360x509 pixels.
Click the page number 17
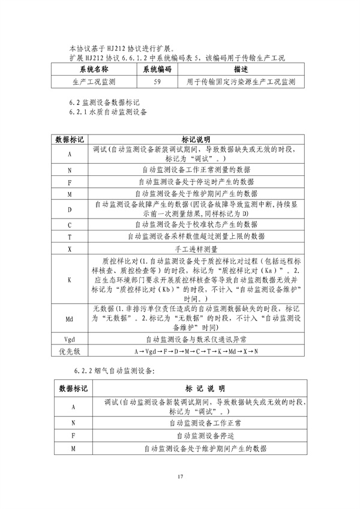pos(179,477)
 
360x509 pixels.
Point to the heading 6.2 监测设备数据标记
pos(104,103)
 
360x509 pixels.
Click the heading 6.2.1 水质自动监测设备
pos(109,112)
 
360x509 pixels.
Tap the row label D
pos(70,210)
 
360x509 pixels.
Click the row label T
pos(70,237)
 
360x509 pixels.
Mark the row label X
pos(70,248)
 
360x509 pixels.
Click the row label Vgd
pos(70,340)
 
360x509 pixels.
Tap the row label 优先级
pos(70,351)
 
